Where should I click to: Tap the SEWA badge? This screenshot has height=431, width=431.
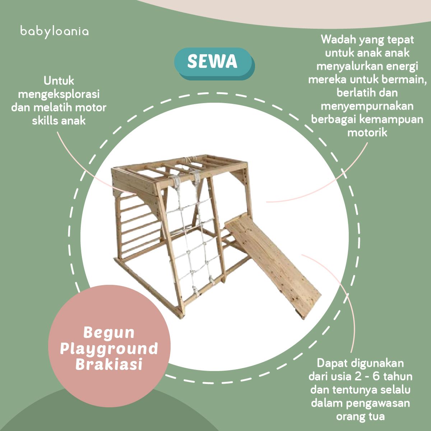pos(214,64)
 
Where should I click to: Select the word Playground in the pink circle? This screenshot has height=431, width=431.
pos(109,349)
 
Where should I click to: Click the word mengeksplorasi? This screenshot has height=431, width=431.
pos(59,94)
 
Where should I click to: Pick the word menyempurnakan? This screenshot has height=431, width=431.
pos(367,106)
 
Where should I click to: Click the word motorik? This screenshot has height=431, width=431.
pos(367,133)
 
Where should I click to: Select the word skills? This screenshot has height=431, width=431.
pos(45,121)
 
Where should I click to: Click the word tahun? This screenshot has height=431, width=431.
pos(398,377)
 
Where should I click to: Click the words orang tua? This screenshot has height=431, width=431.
pos(361,417)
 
